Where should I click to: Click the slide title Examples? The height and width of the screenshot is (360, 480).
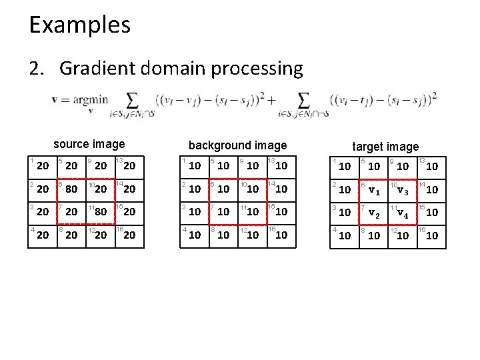79,25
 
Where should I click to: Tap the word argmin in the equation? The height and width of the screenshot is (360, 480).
89,99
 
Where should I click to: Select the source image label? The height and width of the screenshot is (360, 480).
89,144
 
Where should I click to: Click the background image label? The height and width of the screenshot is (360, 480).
237,145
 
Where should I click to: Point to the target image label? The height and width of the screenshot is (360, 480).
385,146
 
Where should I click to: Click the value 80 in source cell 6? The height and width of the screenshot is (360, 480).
71,189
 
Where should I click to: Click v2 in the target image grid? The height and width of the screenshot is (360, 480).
375,213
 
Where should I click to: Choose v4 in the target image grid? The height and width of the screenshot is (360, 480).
404,213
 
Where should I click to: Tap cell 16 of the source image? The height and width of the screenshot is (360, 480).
129,235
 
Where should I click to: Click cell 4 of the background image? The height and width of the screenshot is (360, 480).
194,235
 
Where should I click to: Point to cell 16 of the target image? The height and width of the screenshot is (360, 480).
431,235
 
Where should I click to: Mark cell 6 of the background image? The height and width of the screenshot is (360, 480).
223,189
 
